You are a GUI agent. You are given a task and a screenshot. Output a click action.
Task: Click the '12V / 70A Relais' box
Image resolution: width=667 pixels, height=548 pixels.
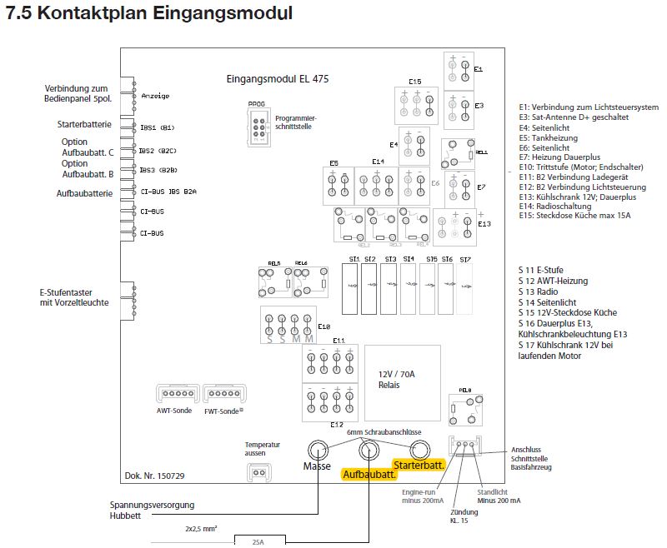click(x=397, y=380)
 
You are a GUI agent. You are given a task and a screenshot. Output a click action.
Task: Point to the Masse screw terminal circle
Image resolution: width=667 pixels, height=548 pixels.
click(x=318, y=450)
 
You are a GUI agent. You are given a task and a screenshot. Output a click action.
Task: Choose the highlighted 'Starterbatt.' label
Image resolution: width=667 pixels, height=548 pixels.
click(x=419, y=465)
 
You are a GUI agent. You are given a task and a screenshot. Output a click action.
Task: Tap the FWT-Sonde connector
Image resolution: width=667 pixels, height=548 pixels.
click(x=222, y=393)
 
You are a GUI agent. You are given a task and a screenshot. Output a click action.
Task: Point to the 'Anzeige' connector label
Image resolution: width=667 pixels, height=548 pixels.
click(x=155, y=96)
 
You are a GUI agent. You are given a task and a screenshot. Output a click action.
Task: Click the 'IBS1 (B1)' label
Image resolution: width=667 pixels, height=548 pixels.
click(x=157, y=127)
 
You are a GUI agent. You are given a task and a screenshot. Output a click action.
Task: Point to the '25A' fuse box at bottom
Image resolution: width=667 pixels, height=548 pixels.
click(x=258, y=542)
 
